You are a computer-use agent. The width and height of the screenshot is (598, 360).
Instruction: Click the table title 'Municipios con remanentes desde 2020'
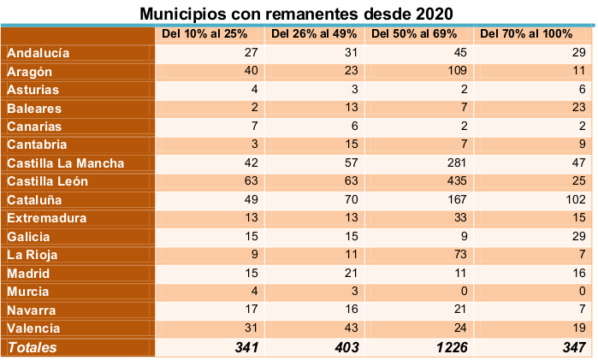click(296, 15)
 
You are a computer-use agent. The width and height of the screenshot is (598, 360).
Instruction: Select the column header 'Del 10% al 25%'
click(204, 34)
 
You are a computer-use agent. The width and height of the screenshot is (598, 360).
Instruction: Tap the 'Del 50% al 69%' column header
click(414, 34)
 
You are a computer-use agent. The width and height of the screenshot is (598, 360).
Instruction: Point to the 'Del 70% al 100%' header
click(526, 34)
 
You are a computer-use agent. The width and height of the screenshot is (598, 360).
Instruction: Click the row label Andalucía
click(38, 53)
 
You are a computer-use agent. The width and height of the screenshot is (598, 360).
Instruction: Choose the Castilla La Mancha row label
click(66, 163)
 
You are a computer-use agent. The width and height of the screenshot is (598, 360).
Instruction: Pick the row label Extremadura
click(46, 218)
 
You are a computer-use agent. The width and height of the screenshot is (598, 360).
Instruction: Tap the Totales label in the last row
click(32, 347)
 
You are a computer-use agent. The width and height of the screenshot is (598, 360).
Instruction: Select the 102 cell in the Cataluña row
click(576, 199)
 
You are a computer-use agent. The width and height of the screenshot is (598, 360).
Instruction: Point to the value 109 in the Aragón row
click(457, 71)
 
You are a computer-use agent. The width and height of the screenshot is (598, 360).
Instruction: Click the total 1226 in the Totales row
click(452, 347)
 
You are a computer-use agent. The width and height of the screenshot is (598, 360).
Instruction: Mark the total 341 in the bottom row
click(246, 347)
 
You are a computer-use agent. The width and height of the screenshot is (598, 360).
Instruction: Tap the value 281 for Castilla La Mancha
click(457, 162)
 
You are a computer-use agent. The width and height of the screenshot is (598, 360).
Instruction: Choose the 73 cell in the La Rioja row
click(460, 254)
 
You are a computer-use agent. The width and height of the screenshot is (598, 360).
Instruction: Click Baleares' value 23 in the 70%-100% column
click(578, 107)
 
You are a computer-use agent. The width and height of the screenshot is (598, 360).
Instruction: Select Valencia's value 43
click(352, 328)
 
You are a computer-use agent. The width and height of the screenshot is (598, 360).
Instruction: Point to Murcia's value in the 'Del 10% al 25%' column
click(254, 292)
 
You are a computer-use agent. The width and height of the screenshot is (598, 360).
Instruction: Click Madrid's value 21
click(352, 273)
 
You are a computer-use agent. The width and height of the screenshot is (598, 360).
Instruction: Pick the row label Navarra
click(32, 310)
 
